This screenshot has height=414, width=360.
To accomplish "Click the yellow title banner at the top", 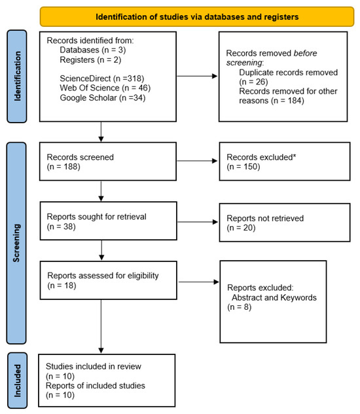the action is pos(197,16).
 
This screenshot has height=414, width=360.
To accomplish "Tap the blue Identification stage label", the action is pos(16,76).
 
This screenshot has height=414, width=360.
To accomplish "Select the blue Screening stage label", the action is pos(16,243).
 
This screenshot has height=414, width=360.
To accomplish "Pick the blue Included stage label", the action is pos(17,381).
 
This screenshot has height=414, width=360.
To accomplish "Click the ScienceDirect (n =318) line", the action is pos(102,79).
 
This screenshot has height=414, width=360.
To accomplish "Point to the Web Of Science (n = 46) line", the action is pos(105,88).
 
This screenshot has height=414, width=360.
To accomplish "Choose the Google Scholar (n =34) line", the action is pos(103,98).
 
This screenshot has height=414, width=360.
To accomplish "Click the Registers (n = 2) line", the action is pos(90,60).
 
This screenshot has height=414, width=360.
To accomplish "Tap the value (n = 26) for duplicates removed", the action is pos(253,82).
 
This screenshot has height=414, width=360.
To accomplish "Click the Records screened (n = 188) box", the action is pos(108,161).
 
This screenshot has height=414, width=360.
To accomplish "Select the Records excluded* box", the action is pos(285,161).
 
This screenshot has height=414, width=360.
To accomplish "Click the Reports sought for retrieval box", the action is pos(109,221).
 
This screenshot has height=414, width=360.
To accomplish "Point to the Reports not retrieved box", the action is pos(285,222).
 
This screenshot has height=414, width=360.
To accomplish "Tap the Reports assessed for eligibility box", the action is pos(109,280).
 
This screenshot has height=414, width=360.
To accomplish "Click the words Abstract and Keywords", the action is pos(274,297).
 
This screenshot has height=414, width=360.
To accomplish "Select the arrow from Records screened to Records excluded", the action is pos(197,160).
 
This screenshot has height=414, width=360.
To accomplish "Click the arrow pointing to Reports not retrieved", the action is pos(198,222).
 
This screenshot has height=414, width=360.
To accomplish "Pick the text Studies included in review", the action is pos(94,366).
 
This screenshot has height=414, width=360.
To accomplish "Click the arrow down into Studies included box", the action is pos(101,326).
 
